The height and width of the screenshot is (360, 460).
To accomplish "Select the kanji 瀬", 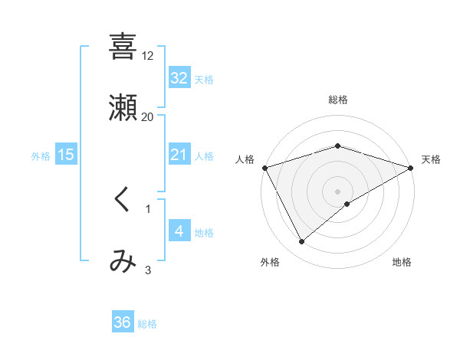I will point(123,108).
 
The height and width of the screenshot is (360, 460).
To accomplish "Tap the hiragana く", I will point(123,200).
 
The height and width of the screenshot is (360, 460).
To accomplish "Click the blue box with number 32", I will point(179,77).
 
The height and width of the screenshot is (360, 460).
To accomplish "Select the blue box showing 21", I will point(179,155).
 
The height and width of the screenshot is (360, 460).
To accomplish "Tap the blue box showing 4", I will point(179,231).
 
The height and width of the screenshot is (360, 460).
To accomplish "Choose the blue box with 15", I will point(66,155).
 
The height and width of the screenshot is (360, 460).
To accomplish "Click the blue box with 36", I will point(123,322).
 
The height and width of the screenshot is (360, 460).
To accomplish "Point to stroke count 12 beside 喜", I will point(148,56).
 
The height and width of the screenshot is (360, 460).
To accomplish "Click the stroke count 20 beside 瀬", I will point(148,116).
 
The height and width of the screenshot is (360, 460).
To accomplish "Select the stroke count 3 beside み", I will point(148,270).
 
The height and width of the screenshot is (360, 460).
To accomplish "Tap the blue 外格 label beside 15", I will point(41,155).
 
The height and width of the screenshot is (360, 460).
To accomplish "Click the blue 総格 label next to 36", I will point(147,324).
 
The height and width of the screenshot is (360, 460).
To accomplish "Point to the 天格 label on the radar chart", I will point(431,159).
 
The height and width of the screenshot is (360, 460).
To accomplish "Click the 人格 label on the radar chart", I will point(245,159).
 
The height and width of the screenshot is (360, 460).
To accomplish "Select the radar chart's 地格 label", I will point(402,263).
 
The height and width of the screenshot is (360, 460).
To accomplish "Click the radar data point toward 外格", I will point(302,242).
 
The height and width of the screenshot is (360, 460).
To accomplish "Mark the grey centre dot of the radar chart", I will point(338,191).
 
